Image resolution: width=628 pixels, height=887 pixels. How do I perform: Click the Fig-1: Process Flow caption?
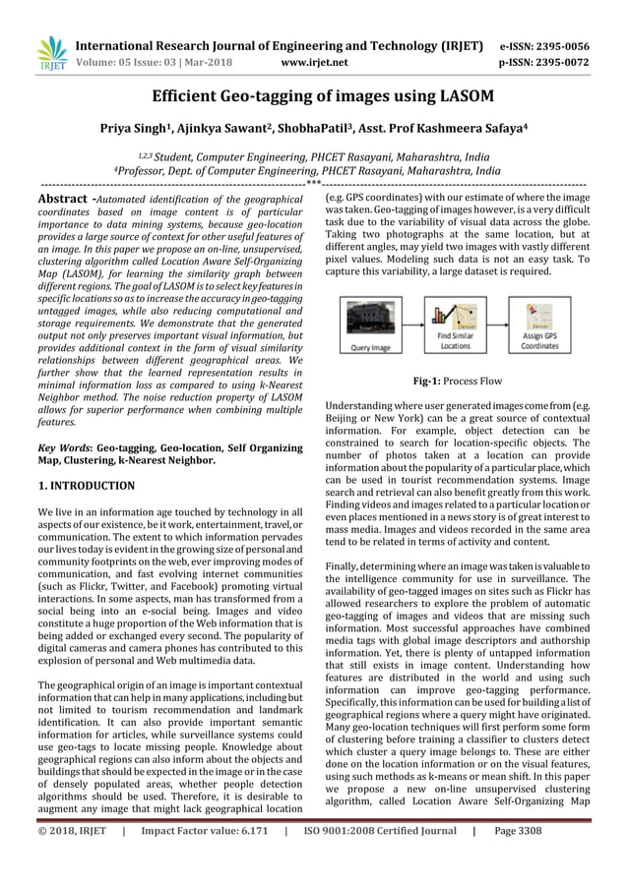(457, 379)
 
